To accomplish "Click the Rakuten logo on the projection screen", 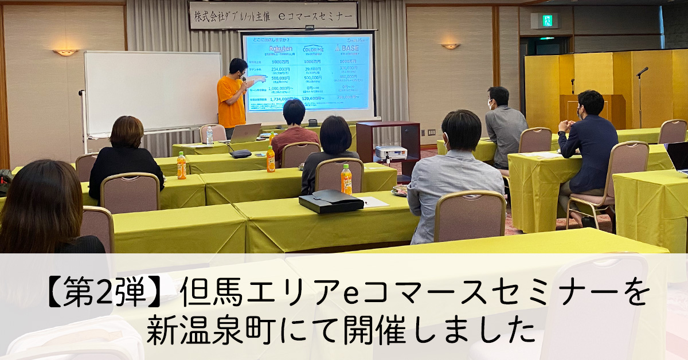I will (x=280, y=49).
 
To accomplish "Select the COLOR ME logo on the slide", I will (x=312, y=49).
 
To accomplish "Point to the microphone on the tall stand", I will (x=642, y=72).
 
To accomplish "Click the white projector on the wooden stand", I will (x=390, y=152).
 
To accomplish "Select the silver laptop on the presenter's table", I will (x=245, y=134).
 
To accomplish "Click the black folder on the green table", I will (x=331, y=201).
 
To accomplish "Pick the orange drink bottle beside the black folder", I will (x=346, y=179).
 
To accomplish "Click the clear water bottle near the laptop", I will (x=209, y=135).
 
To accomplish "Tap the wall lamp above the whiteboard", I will (x=65, y=52).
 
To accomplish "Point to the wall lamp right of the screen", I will (x=450, y=46).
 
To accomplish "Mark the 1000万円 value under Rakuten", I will (x=280, y=61).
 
